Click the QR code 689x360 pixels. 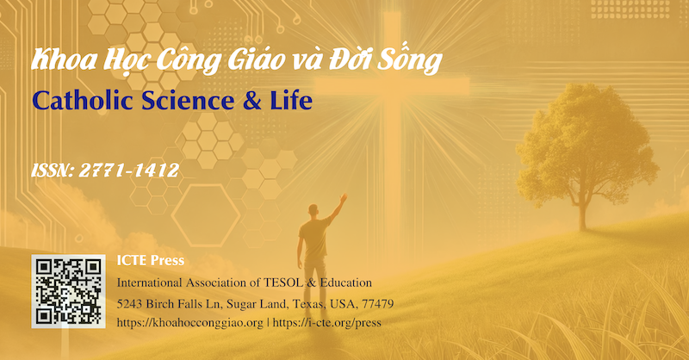pos(68,291)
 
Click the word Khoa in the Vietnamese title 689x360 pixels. pos(59,62)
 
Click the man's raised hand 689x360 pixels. pos(344,198)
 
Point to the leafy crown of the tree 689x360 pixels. pos(575,138)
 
